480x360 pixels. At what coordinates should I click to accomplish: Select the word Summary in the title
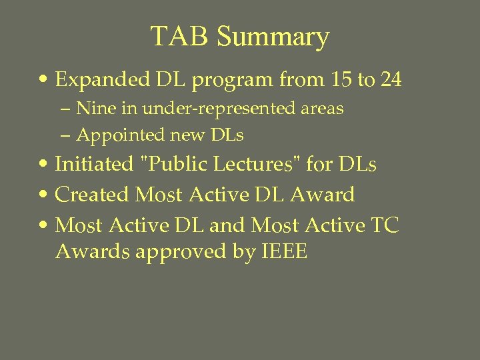(x=273, y=38)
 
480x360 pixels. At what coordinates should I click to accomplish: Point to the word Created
(x=92, y=195)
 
